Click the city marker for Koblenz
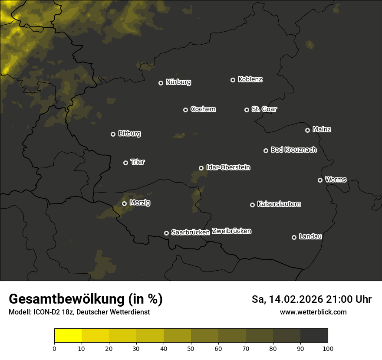point(233,80)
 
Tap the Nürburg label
point(178,82)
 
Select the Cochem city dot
point(185,110)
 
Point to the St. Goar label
point(264,109)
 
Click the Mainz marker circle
point(307,130)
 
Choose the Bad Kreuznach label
point(293,150)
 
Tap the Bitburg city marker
point(113,134)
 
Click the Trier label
point(138,162)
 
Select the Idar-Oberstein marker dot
point(201,168)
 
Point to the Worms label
point(336,179)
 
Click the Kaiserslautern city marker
point(252,205)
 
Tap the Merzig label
point(140,203)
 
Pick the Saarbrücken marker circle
point(166,233)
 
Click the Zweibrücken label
point(231,231)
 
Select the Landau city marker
point(294,237)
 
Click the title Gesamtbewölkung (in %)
point(86,299)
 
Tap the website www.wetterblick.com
point(313,312)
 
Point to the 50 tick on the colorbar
point(191,348)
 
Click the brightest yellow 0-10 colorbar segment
point(68,336)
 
